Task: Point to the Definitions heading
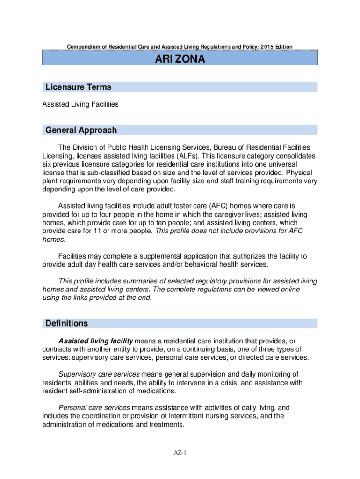tap(66, 323)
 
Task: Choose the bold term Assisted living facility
tap(95, 341)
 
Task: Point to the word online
tap(288, 290)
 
